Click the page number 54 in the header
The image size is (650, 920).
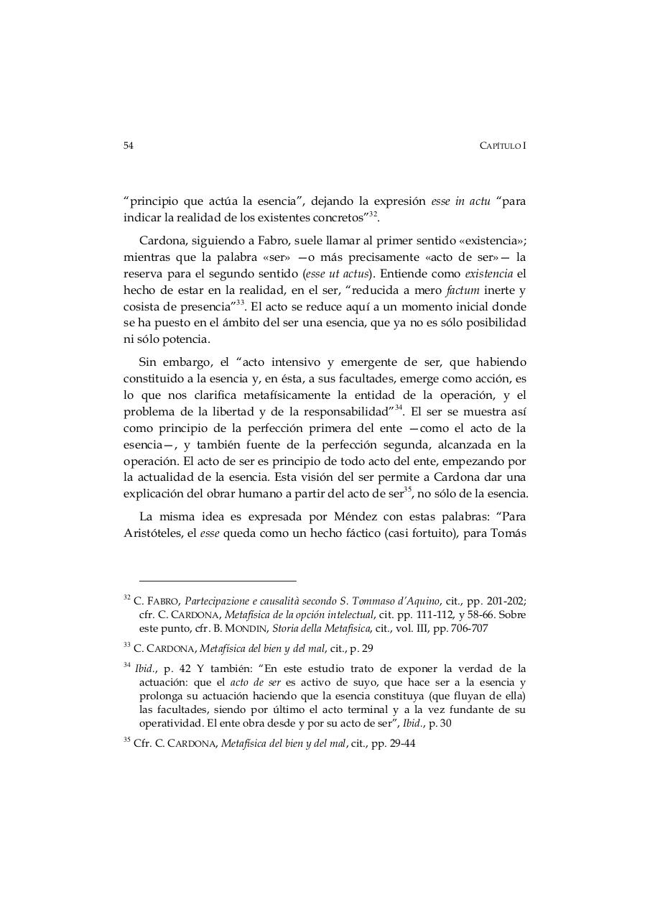(x=129, y=145)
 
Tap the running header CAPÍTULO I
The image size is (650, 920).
(x=503, y=145)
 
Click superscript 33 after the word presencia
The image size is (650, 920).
(x=241, y=303)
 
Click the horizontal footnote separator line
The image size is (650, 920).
(x=218, y=580)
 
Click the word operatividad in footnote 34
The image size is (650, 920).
(x=172, y=723)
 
